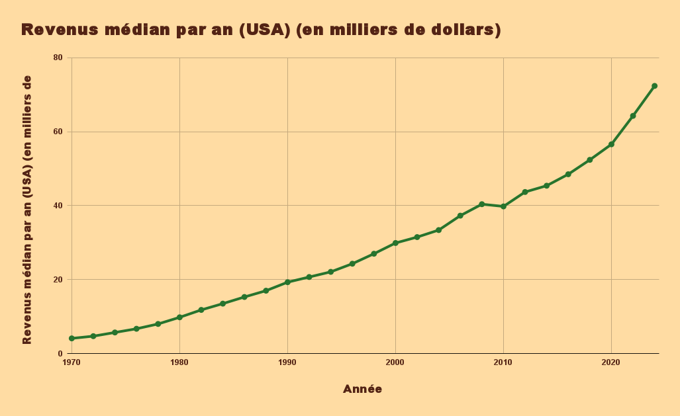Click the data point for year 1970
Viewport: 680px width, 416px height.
click(72, 338)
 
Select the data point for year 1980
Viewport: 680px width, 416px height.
click(179, 317)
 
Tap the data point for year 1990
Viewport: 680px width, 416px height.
click(287, 282)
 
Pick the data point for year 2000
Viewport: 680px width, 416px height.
click(395, 243)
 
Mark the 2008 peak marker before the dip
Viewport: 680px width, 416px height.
click(481, 204)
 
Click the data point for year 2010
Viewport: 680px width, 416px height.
click(503, 206)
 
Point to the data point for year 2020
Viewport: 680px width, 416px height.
click(611, 144)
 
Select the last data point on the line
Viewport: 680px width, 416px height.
click(654, 86)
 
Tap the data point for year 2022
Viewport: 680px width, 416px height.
click(633, 116)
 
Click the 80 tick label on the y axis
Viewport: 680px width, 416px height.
click(58, 58)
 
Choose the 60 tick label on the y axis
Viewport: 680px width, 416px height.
click(58, 132)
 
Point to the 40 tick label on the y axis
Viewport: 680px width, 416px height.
click(58, 206)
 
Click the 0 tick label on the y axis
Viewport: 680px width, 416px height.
click(60, 354)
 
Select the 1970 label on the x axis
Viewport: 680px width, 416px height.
click(72, 362)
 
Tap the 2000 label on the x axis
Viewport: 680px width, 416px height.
click(395, 362)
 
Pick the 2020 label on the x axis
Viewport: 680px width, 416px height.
click(611, 362)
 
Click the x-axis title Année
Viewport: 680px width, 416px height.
click(362, 389)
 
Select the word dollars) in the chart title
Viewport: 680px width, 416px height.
click(463, 30)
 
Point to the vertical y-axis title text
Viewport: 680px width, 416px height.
click(27, 210)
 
